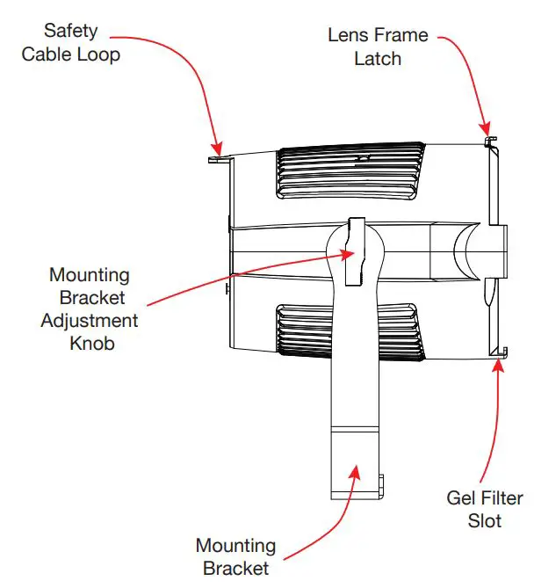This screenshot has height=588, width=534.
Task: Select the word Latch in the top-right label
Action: click(378, 59)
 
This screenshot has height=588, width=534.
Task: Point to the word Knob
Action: click(91, 343)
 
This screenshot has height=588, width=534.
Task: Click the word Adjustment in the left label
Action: click(90, 320)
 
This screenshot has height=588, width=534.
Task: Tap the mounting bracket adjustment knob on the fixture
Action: click(355, 251)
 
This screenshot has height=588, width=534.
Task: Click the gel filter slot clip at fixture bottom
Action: click(499, 353)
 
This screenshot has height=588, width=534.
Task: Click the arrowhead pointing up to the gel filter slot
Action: click(500, 366)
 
